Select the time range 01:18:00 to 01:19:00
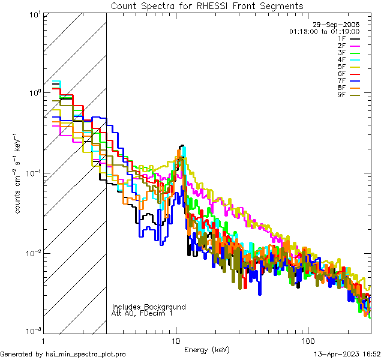point(324,31)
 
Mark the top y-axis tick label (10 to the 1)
point(34,14)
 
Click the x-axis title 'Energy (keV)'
point(206,350)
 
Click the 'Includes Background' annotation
point(149,307)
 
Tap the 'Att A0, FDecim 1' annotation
point(142,313)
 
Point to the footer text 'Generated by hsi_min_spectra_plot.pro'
point(63,355)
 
